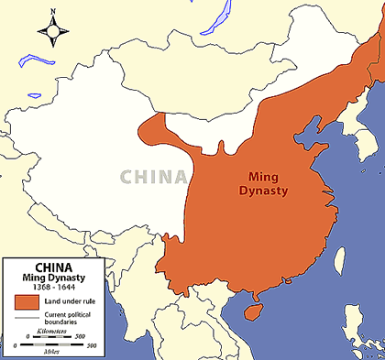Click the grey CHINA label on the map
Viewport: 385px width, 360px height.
pos(150,177)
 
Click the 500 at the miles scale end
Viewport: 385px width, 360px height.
pos(93,346)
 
